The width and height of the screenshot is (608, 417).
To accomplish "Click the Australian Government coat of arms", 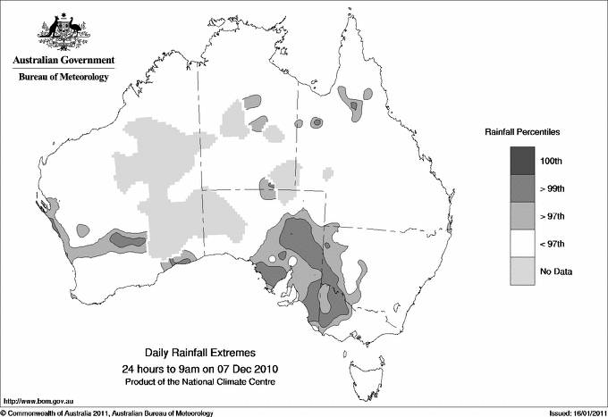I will tap(63, 30).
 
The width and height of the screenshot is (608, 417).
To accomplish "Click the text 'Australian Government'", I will tap(63, 61).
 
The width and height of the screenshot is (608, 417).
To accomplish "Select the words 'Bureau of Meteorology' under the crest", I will tap(63, 78).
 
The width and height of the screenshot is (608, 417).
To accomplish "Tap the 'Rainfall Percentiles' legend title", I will tap(522, 131).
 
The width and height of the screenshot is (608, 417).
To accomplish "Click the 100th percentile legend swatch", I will tap(523, 160).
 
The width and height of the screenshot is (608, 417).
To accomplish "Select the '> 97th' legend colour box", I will tap(523, 215).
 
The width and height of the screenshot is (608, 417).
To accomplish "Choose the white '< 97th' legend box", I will tap(523, 243).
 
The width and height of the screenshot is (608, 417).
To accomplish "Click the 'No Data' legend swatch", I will tap(523, 271).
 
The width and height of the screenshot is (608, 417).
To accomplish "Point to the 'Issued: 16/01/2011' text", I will tap(573, 413).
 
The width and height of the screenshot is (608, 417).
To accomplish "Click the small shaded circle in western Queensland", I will tap(317, 122).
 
